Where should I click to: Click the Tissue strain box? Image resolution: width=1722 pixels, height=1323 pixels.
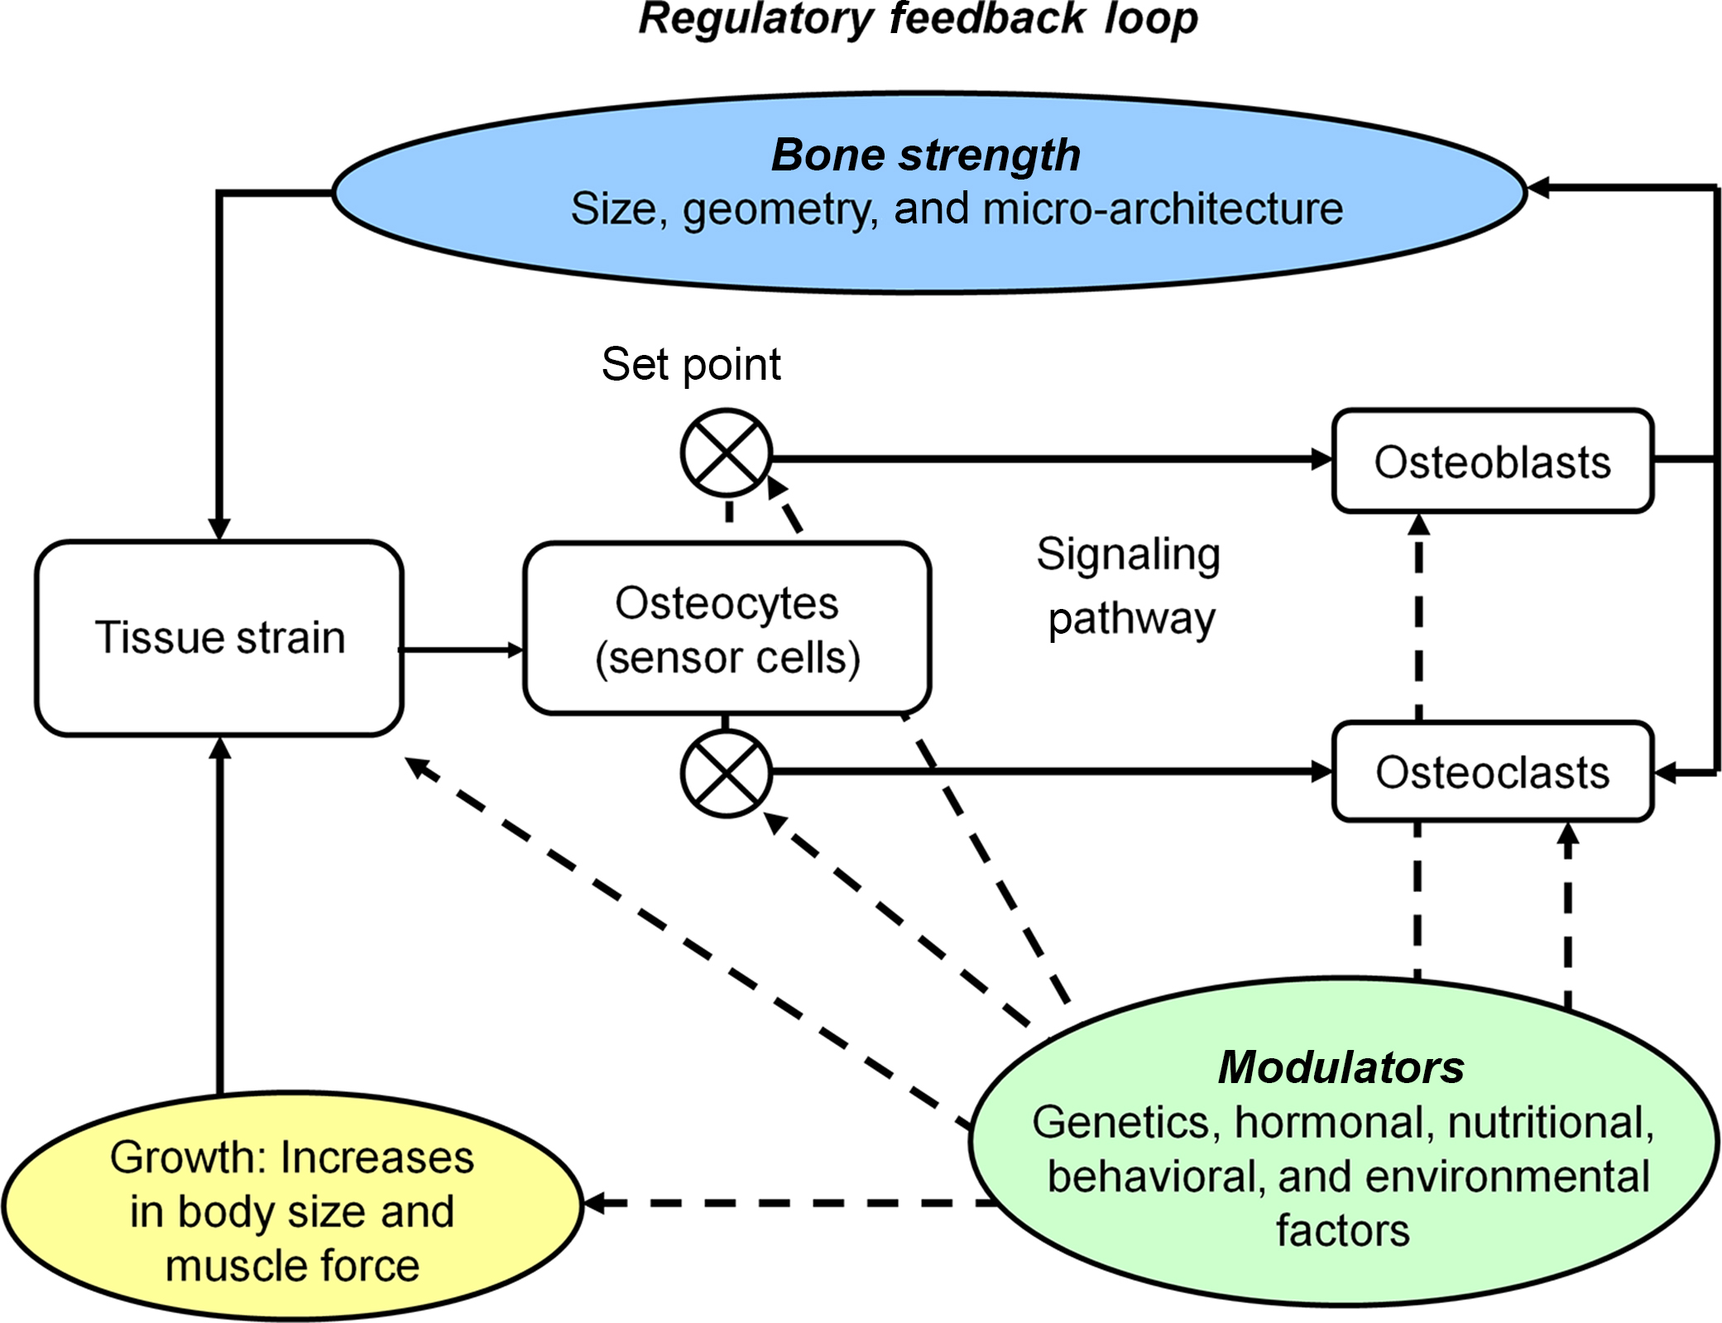click(x=219, y=638)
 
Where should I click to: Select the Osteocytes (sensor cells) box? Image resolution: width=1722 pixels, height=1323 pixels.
click(x=727, y=629)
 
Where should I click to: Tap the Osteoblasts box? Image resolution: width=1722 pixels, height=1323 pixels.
click(x=1492, y=461)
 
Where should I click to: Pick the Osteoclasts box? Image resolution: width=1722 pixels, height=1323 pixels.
click(x=1492, y=772)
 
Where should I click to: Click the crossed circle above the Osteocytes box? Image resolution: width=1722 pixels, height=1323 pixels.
click(x=727, y=453)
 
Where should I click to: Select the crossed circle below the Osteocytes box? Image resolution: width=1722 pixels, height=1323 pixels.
click(x=727, y=774)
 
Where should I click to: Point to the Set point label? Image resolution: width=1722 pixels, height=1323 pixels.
click(x=691, y=364)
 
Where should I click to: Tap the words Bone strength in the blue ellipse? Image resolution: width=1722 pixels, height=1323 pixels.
click(x=926, y=155)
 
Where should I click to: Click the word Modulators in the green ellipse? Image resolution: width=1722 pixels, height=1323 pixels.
click(x=1341, y=1067)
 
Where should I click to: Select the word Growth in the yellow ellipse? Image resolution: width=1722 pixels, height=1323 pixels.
click(x=189, y=1157)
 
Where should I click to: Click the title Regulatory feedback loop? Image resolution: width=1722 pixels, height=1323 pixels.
click(x=918, y=18)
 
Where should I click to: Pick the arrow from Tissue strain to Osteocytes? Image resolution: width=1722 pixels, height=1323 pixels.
click(x=462, y=650)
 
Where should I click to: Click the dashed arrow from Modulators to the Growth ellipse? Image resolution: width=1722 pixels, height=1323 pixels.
click(x=786, y=1203)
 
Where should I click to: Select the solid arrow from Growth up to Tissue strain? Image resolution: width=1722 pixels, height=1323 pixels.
click(x=219, y=910)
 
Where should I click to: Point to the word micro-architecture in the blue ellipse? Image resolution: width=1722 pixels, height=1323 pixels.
click(x=1162, y=209)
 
